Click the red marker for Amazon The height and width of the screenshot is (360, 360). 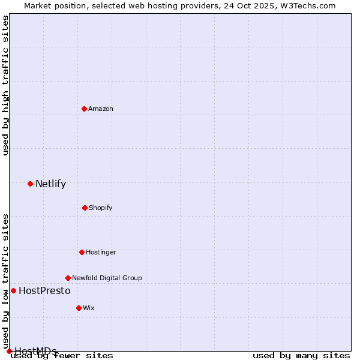pos(84,109)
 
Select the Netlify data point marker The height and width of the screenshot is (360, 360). pos(30,184)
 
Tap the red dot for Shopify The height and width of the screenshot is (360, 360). pos(85,208)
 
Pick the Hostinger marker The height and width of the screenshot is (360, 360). pos(82,252)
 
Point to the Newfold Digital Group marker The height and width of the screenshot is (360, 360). pos(68,278)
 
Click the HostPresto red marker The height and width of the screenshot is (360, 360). pos(13,290)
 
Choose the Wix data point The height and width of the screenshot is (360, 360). pos(79,308)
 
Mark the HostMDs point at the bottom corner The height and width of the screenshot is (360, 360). pos(9,351)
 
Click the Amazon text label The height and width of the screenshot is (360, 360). pos(101,109)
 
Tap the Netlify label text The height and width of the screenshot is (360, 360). pos(50,184)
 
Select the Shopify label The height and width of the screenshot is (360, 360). pos(101,208)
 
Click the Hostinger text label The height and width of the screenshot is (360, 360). pos(101,252)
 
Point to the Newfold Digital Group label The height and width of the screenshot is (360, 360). pos(107,278)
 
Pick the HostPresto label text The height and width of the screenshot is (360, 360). pos(44,290)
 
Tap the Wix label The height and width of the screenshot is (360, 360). pos(89,308)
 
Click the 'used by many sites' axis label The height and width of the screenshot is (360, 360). pos(301,355)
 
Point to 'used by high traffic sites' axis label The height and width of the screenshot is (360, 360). pos(5,86)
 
